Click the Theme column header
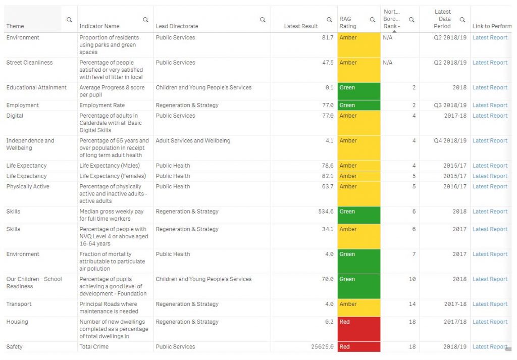(15, 26)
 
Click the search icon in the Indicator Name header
(145, 20)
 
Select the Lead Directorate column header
(177, 26)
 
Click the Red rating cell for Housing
(358, 329)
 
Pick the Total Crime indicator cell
(94, 347)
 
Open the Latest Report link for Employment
(490, 106)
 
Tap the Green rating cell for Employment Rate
(358, 106)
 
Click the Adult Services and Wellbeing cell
(193, 141)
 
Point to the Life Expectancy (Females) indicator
(113, 176)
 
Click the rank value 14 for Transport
(412, 304)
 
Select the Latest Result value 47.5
(328, 63)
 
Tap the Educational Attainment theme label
(36, 88)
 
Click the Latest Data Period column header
(442, 19)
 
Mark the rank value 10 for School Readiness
(412, 279)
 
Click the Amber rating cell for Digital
(358, 123)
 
